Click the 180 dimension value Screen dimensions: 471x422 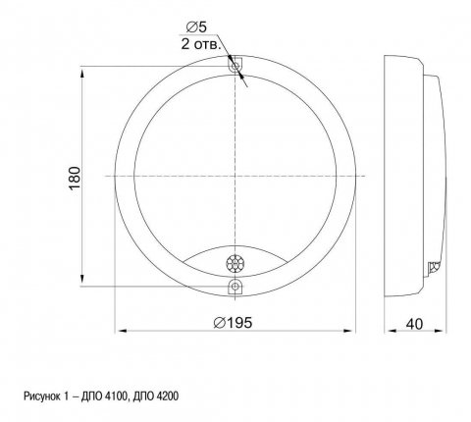click(x=75, y=178)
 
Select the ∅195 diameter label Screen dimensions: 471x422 click(x=233, y=323)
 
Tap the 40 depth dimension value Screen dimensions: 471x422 click(x=414, y=324)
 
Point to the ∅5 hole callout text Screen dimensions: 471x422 click(x=196, y=27)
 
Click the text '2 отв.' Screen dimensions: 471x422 click(x=201, y=44)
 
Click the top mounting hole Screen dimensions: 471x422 click(x=235, y=67)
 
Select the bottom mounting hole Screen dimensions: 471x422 click(x=235, y=287)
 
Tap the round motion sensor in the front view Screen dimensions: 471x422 click(x=235, y=263)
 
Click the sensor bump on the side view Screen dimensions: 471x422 click(x=434, y=267)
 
